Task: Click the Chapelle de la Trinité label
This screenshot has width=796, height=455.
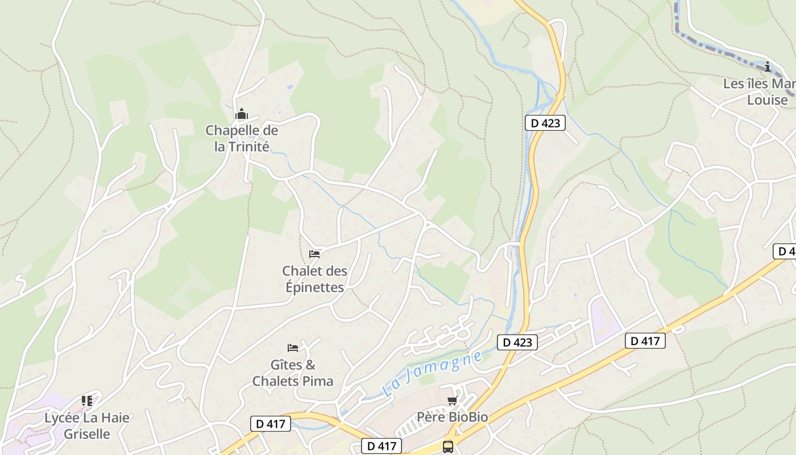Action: [x=242, y=138]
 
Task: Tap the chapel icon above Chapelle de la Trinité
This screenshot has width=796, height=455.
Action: [x=242, y=114]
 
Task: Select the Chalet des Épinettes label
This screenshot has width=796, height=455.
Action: [x=314, y=279]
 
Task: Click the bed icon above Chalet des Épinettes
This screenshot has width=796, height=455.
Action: [x=314, y=254]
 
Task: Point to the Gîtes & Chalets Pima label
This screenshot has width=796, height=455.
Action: [x=293, y=373]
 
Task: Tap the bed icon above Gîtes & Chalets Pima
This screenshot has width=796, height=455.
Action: [x=293, y=348]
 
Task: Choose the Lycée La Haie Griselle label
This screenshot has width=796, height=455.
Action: [x=87, y=425]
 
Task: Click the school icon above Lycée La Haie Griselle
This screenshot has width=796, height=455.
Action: [x=87, y=401]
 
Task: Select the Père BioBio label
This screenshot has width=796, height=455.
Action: [x=453, y=417]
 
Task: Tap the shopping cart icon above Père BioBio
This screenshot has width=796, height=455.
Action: [x=452, y=402]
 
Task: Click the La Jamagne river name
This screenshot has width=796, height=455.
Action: [x=432, y=374]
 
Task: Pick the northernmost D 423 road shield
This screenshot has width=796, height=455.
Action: [x=545, y=123]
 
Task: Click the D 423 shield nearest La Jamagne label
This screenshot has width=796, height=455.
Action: [x=517, y=342]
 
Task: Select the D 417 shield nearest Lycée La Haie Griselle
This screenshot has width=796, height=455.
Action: [x=271, y=423]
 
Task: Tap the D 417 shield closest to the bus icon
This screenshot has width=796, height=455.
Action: [x=382, y=446]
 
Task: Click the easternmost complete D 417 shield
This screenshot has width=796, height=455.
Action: [x=645, y=341]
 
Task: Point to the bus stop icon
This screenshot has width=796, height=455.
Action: [x=448, y=446]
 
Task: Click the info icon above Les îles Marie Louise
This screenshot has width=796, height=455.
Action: [x=768, y=67]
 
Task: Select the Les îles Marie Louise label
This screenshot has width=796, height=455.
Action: [x=760, y=92]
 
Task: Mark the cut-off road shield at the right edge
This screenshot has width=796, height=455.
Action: [x=785, y=251]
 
